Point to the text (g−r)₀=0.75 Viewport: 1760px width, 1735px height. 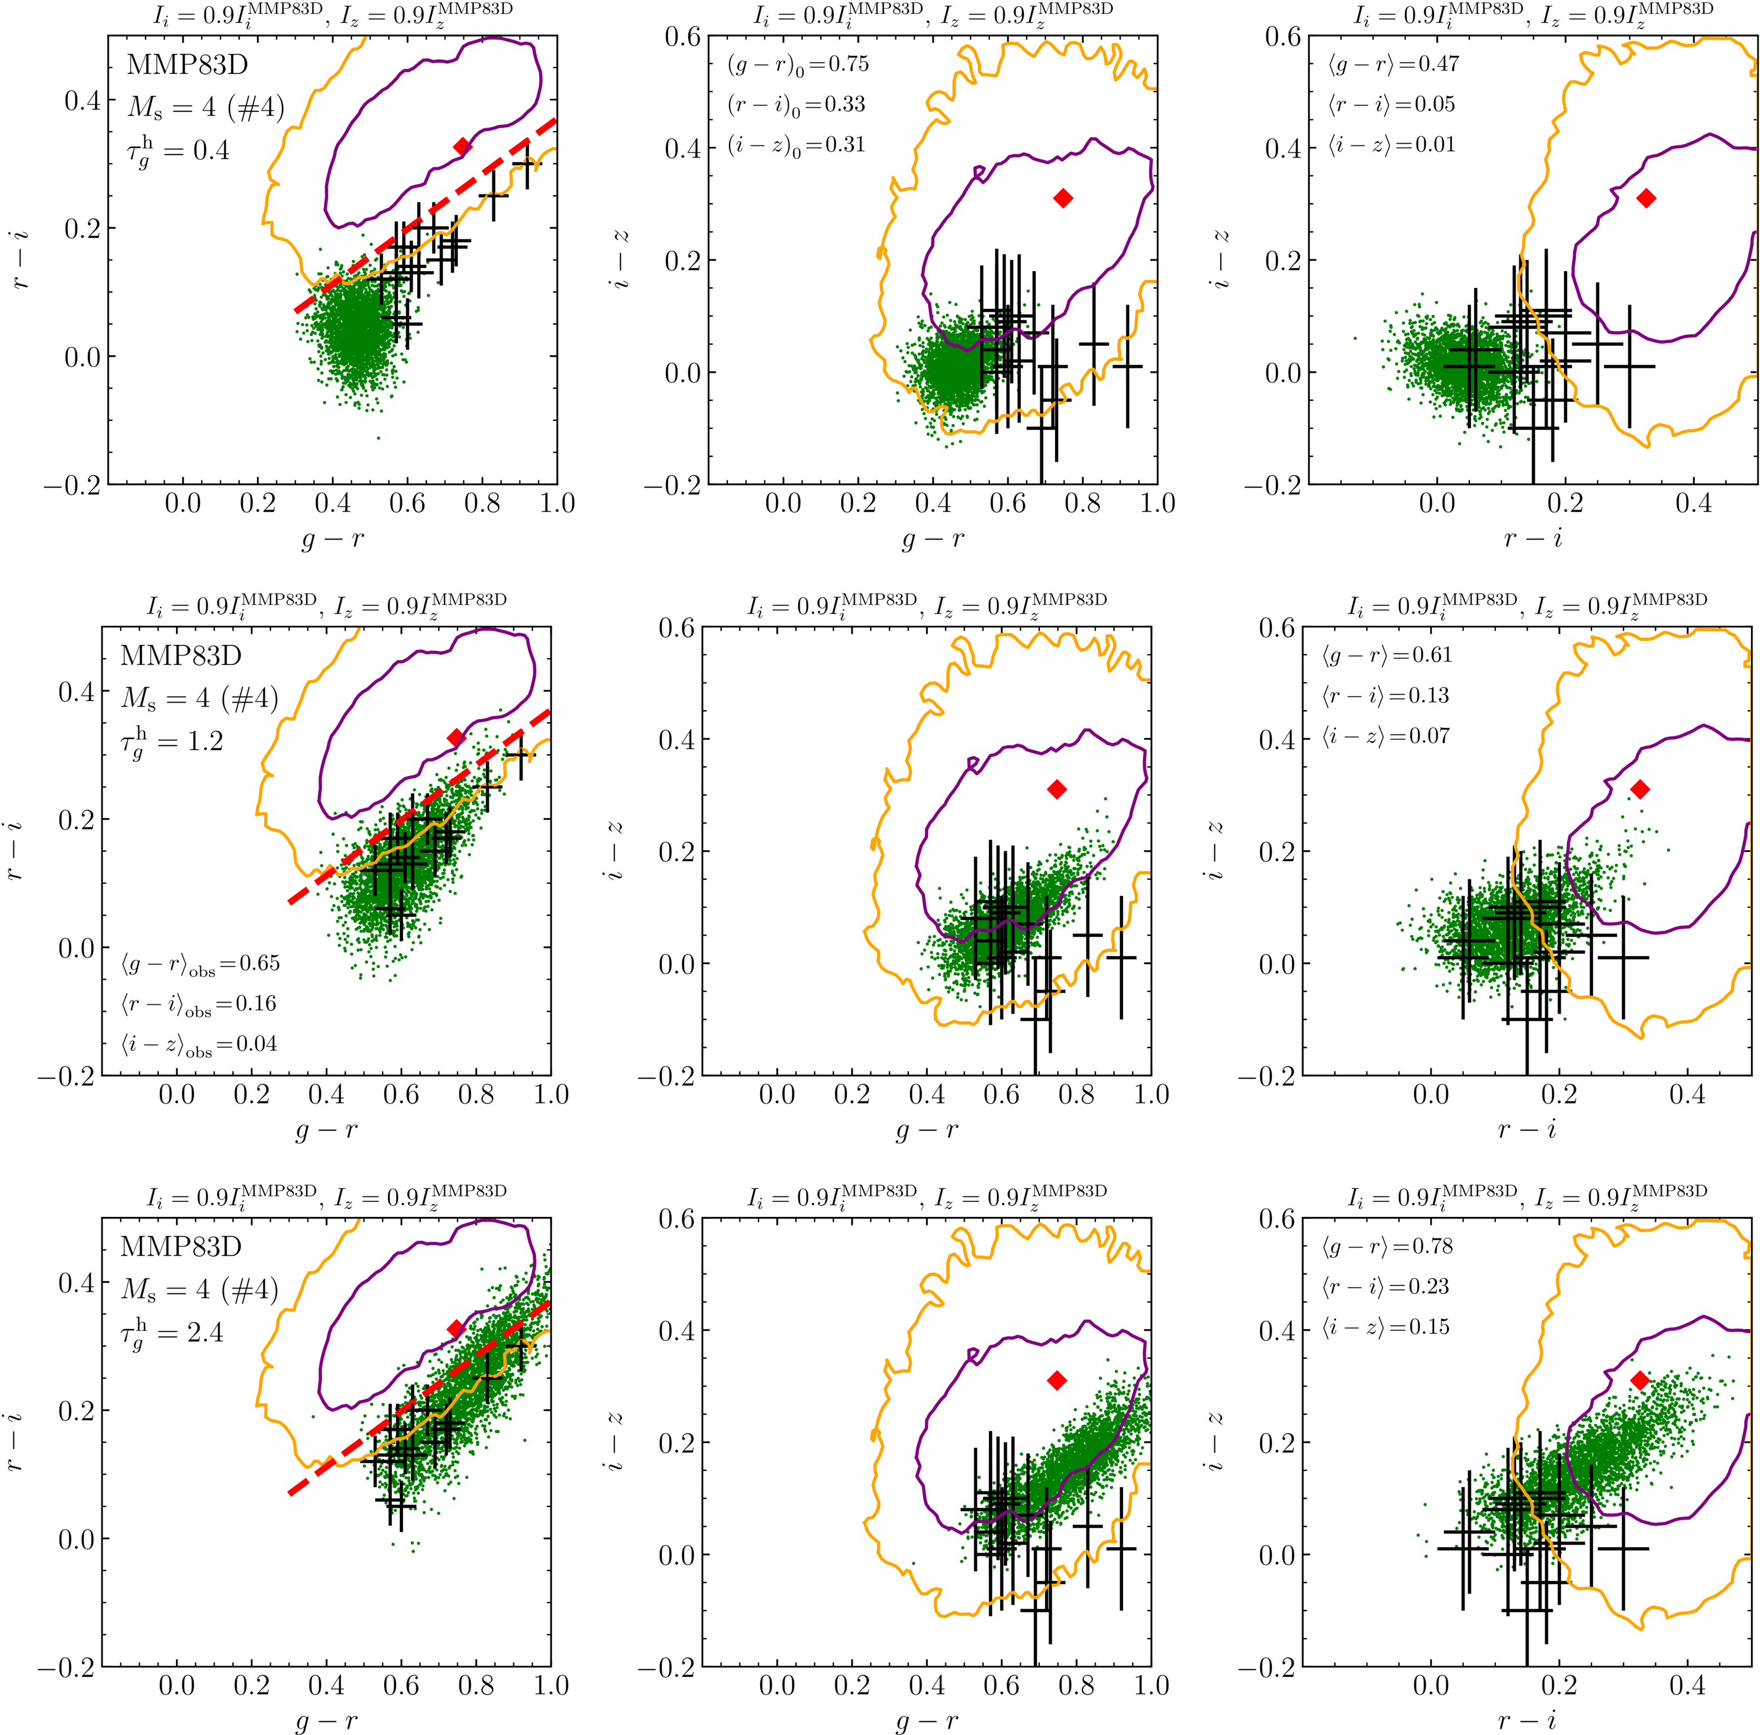(798, 65)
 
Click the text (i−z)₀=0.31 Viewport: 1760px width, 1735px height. (796, 145)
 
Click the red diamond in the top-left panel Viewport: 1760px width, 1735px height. (462, 147)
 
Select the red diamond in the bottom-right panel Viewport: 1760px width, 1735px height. (1640, 1380)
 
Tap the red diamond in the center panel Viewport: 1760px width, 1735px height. (1057, 790)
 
